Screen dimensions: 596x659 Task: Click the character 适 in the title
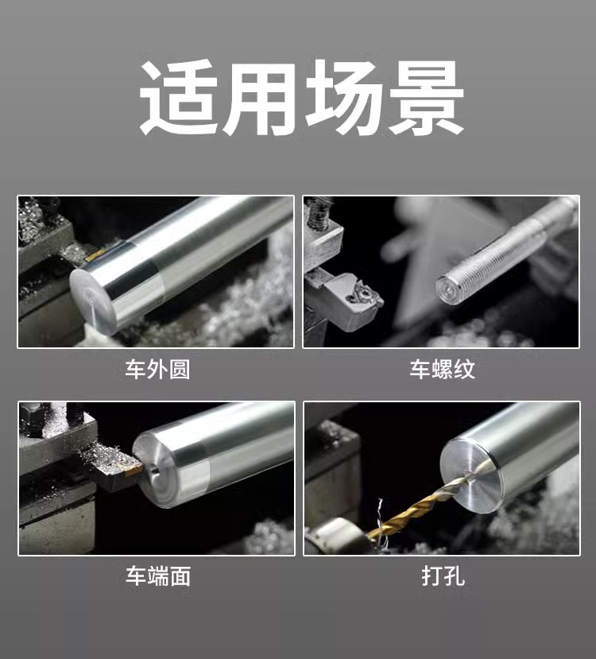[x=178, y=98]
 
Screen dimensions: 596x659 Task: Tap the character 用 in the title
[x=259, y=98]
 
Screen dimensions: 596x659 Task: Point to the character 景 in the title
[x=424, y=98]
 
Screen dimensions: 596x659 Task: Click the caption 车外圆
[x=157, y=370]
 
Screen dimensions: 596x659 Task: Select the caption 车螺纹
[x=443, y=370]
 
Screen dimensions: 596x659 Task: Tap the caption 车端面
[x=158, y=576]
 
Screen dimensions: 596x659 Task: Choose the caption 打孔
[x=443, y=576]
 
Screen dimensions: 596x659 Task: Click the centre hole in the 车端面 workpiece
[x=153, y=470]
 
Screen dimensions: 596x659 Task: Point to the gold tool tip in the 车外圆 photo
[x=95, y=255]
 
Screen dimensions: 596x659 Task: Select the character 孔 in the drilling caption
[x=454, y=576]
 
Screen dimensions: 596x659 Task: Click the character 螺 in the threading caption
[x=443, y=370]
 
